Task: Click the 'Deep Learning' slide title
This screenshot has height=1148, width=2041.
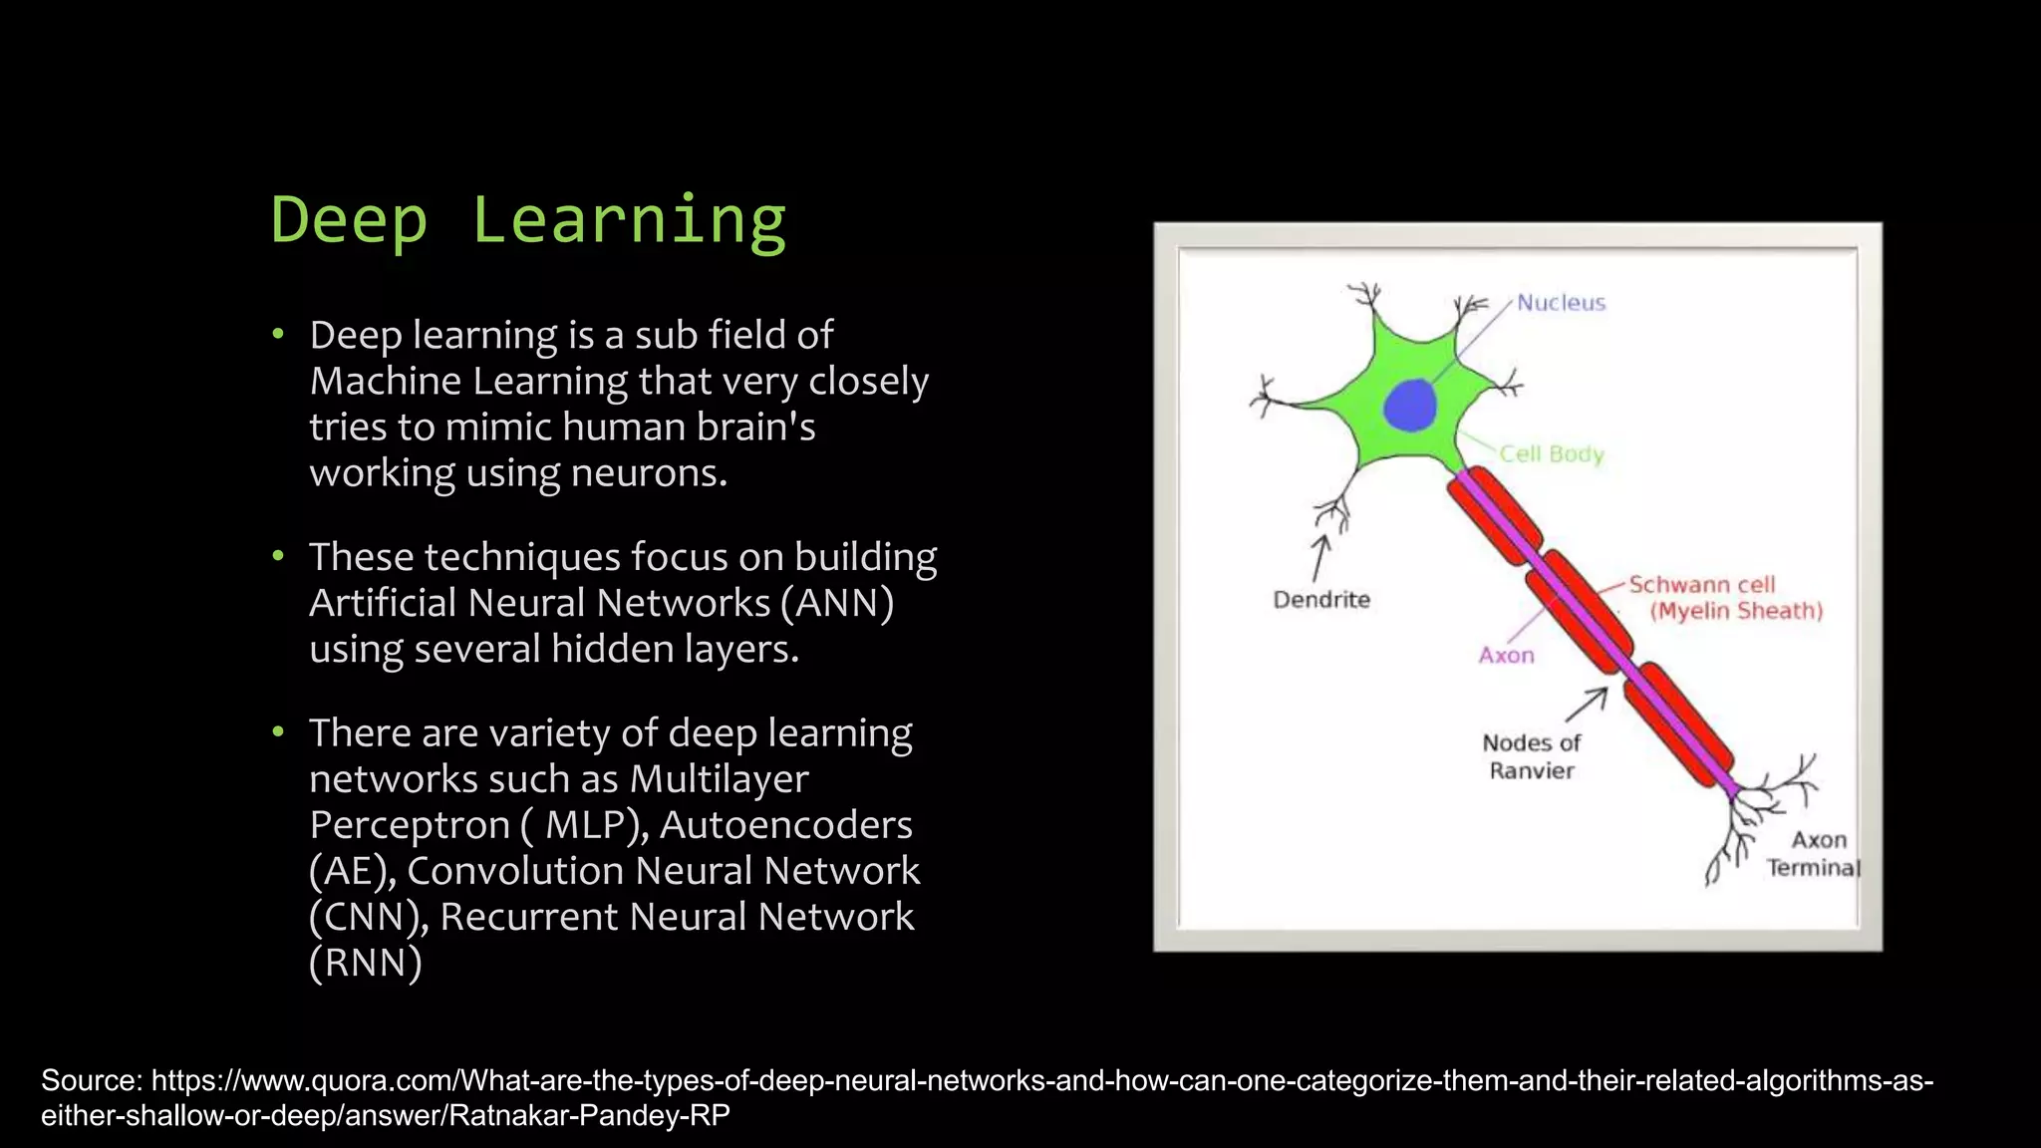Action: pyautogui.click(x=528, y=221)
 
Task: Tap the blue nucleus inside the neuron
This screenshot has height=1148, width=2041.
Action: pyautogui.click(x=1410, y=406)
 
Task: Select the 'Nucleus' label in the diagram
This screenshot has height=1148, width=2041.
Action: pyautogui.click(x=1561, y=303)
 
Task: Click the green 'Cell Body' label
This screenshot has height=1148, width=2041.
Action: pyautogui.click(x=1552, y=454)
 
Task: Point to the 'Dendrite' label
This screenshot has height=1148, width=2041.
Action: pyautogui.click(x=1321, y=600)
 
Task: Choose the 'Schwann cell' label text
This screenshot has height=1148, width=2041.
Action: pyautogui.click(x=1701, y=585)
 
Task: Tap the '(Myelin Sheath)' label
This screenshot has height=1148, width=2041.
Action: pyautogui.click(x=1736, y=611)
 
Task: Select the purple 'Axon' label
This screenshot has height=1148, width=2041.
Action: pyautogui.click(x=1506, y=656)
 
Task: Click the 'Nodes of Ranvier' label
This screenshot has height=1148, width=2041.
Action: pyautogui.click(x=1532, y=756)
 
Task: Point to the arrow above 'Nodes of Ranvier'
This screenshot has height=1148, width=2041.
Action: pyautogui.click(x=1587, y=704)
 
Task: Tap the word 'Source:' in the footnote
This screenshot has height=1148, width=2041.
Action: pyautogui.click(x=92, y=1081)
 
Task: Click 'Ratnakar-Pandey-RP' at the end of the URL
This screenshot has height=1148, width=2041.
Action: pyautogui.click(x=589, y=1115)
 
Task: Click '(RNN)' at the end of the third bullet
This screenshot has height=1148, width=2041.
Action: pyautogui.click(x=366, y=964)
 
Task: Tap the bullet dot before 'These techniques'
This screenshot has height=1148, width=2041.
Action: pyautogui.click(x=279, y=556)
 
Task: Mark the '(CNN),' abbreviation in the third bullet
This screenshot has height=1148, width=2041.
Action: pyautogui.click(x=369, y=917)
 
